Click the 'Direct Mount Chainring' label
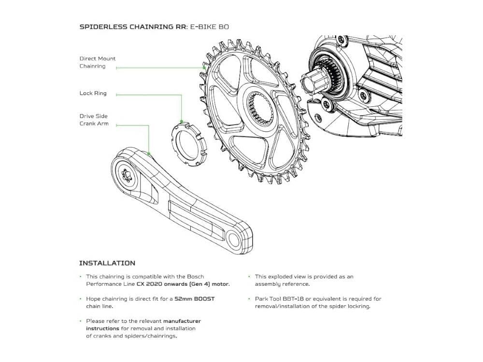[98, 62]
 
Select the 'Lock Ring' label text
[93, 93]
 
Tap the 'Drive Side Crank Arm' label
[94, 120]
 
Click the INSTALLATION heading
[107, 263]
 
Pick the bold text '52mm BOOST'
[195, 299]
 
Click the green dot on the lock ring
[182, 122]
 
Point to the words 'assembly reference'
[283, 284]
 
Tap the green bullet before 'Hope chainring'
[81, 299]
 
